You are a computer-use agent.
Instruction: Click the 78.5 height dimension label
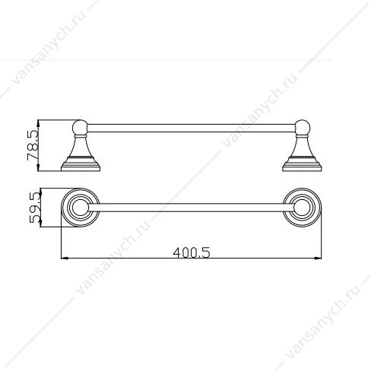coord(33,145)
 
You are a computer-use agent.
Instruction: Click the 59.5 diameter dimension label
coord(35,208)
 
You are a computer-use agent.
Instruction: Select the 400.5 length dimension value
coord(192,252)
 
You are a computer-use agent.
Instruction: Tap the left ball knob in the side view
coord(80,128)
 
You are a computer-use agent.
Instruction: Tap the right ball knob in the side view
coord(302,128)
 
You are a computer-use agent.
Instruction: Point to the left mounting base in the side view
coord(81,164)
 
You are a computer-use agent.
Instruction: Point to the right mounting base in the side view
coord(302,164)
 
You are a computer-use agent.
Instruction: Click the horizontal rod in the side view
coord(192,128)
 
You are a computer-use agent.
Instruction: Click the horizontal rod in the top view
coord(192,208)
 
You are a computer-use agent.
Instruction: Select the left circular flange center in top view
coord(81,208)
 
